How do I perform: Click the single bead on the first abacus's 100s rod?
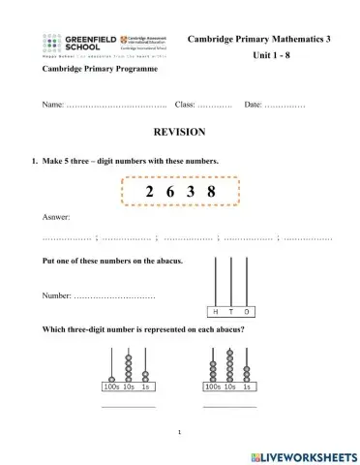tap(112, 378)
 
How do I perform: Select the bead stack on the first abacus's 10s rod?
tap(130, 372)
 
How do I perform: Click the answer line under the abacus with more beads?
tap(229, 406)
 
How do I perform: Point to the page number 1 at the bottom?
tap(180, 431)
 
